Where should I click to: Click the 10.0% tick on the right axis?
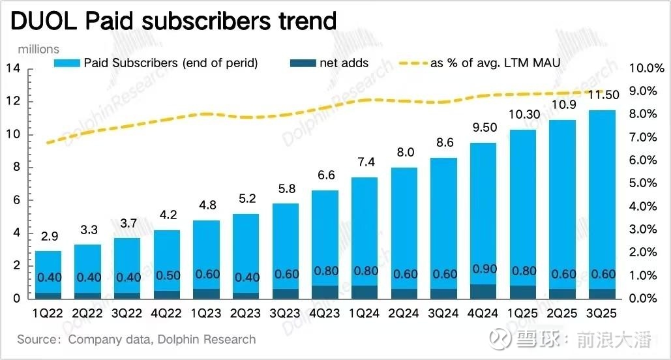(x=645, y=68)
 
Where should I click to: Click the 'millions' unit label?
(x=38, y=49)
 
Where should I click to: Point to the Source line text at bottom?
(x=136, y=339)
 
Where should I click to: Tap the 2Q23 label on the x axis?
(x=245, y=314)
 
